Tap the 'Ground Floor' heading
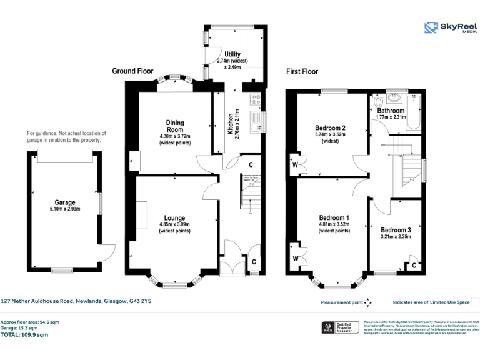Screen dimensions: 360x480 click(x=132, y=71)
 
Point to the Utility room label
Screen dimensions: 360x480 click(x=232, y=55)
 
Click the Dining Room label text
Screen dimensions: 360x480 click(x=174, y=126)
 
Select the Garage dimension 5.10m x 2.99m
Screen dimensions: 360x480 click(x=65, y=209)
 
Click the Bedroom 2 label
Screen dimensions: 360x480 click(x=330, y=128)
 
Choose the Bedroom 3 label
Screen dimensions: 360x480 click(x=396, y=229)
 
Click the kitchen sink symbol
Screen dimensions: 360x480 click(x=256, y=127)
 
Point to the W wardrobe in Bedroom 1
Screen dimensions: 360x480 click(x=294, y=257)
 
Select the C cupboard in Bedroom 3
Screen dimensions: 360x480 click(x=414, y=265)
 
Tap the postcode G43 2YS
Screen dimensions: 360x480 click(x=139, y=301)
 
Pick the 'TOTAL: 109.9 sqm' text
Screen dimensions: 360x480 click(x=24, y=335)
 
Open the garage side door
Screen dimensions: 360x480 click(x=107, y=252)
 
